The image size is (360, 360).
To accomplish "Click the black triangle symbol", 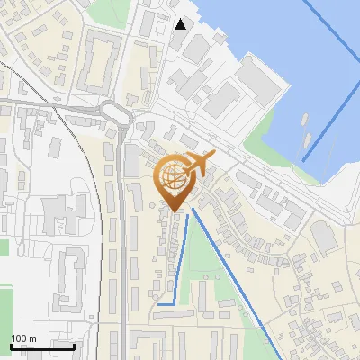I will [181, 23].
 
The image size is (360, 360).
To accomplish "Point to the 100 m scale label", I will [23, 339].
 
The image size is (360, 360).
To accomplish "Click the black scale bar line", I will [42, 346].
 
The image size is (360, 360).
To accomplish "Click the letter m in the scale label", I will [32, 339].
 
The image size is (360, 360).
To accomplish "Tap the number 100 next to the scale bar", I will [20, 339].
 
